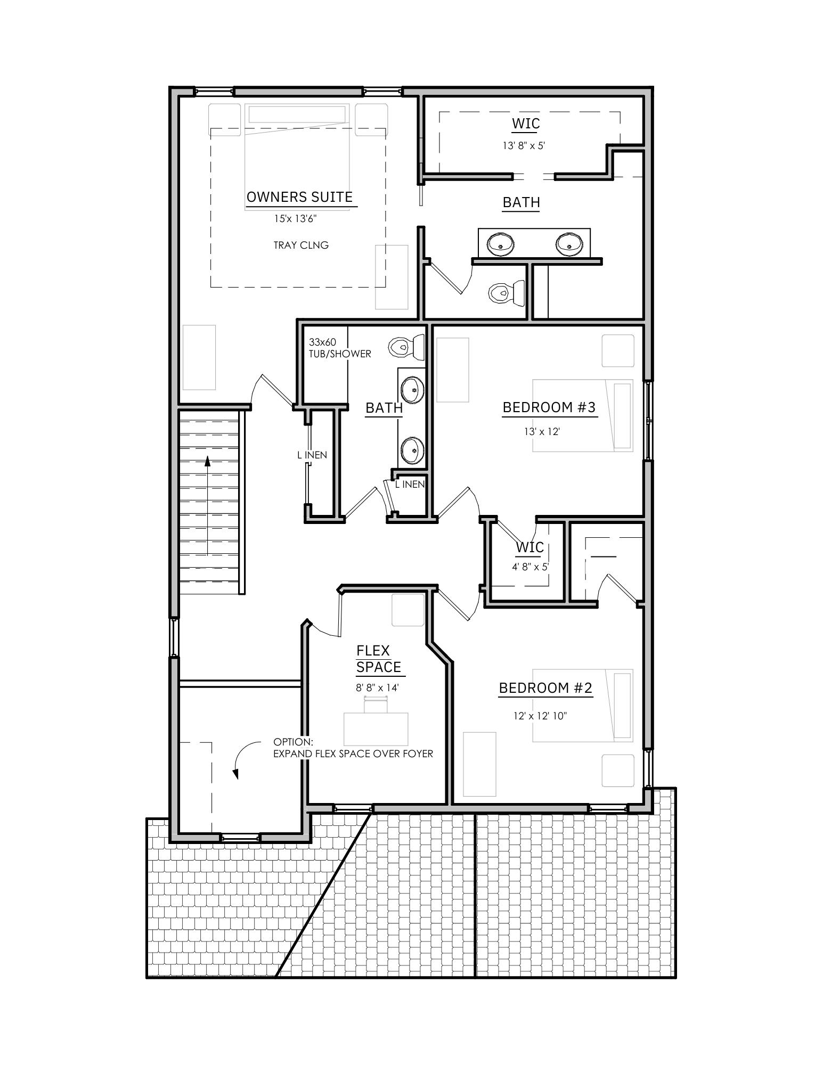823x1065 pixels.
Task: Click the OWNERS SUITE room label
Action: click(299, 197)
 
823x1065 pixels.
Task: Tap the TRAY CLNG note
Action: click(301, 245)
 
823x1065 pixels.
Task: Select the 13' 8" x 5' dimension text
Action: click(524, 145)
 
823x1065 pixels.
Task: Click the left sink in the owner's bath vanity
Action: click(501, 244)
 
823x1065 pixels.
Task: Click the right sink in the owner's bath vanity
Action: click(569, 244)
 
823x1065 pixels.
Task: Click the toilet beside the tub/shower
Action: click(406, 347)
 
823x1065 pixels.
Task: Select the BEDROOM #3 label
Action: click(549, 407)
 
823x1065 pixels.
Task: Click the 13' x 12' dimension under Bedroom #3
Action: click(542, 431)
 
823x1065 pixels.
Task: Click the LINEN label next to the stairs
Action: click(312, 455)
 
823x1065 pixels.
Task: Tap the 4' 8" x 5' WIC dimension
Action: click(530, 567)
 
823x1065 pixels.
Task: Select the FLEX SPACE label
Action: click(378, 659)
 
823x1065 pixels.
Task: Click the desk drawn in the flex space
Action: click(376, 728)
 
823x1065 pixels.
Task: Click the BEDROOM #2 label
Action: click(545, 688)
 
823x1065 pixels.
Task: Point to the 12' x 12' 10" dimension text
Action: click(540, 716)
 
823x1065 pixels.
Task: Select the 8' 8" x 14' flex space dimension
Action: click(377, 688)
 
